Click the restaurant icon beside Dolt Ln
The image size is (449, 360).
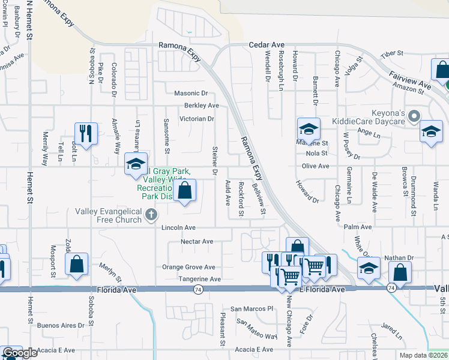pos(85,133)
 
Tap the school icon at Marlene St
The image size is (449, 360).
pos(309,128)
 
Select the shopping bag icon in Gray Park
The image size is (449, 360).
pos(185,191)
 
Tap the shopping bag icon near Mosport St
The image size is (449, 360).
pos(77,264)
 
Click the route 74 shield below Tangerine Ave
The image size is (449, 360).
pos(197,289)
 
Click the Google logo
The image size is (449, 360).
pos(20,353)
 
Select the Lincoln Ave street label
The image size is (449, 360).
pos(178,228)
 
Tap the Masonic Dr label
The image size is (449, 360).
pos(190,94)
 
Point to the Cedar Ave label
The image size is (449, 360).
pos(267,45)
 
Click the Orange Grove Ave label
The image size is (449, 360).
pos(188,267)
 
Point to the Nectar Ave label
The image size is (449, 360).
pos(197,241)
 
